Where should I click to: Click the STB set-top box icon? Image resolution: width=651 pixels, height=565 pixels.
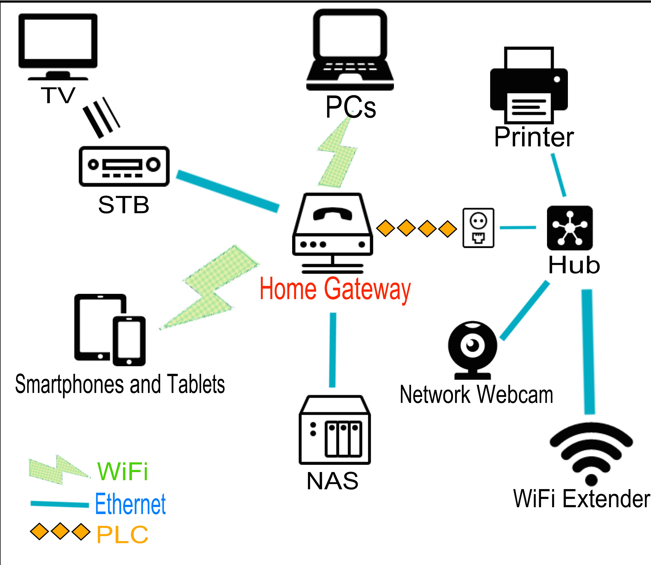click(x=124, y=166)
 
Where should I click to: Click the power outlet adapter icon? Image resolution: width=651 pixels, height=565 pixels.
click(x=478, y=228)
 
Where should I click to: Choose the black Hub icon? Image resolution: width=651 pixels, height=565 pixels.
click(x=569, y=228)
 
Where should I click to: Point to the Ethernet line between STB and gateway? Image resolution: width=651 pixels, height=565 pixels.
click(x=228, y=191)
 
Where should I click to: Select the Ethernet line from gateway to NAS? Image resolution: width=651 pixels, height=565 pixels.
click(x=333, y=350)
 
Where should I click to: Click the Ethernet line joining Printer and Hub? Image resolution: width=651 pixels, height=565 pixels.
click(x=558, y=175)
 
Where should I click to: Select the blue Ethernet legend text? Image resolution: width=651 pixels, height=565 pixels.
click(x=130, y=504)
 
